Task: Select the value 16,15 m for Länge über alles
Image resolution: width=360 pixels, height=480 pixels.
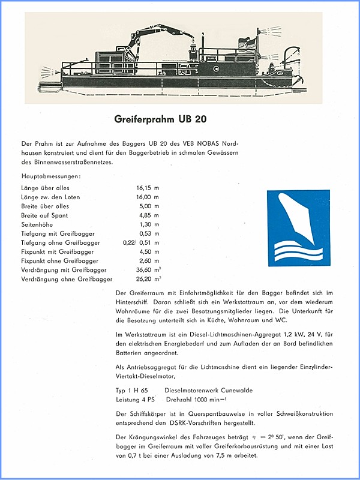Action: (148, 188)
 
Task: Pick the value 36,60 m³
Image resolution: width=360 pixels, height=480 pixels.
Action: (149, 269)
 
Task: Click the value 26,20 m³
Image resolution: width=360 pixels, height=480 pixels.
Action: (149, 279)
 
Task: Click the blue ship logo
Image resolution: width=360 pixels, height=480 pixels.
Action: (298, 227)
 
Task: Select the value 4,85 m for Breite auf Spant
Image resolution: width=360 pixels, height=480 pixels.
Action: (148, 215)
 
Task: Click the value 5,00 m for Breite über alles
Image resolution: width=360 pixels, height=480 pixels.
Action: (148, 206)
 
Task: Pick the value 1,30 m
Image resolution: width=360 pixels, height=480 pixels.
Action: (148, 224)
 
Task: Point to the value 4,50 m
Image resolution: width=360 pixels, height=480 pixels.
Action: (148, 251)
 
